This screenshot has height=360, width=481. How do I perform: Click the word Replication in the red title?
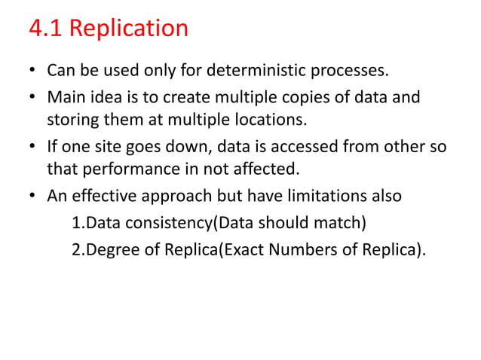click(133, 29)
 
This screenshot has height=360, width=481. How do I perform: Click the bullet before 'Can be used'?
click(32, 73)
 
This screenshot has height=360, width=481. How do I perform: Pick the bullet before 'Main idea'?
click(32, 99)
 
